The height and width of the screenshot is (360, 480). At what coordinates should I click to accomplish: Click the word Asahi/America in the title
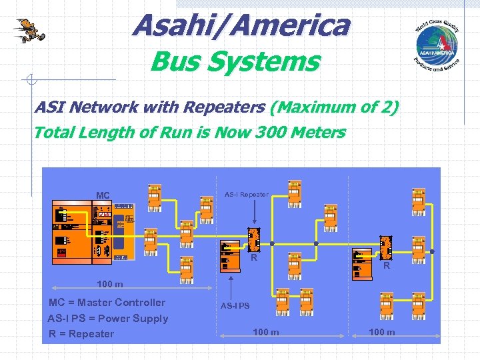(x=241, y=26)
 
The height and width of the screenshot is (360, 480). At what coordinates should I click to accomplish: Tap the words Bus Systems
(x=235, y=62)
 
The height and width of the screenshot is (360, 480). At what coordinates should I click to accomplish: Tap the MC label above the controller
(x=103, y=195)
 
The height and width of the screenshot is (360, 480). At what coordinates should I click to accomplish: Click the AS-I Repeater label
(x=247, y=195)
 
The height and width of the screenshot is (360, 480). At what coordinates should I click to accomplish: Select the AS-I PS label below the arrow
(x=235, y=306)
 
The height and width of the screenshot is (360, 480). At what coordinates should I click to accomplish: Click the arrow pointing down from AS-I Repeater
(x=257, y=213)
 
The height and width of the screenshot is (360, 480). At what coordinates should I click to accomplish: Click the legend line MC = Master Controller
(x=107, y=303)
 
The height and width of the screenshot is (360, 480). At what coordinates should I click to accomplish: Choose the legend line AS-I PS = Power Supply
(x=108, y=318)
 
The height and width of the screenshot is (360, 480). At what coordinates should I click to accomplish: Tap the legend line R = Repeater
(x=81, y=333)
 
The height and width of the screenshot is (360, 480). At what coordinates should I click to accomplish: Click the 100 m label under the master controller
(x=110, y=285)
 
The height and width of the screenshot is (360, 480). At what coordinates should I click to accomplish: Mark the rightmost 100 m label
(x=381, y=333)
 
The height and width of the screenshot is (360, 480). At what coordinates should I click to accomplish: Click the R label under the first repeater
(x=254, y=257)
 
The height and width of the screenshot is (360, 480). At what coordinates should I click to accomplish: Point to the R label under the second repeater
(x=387, y=265)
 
